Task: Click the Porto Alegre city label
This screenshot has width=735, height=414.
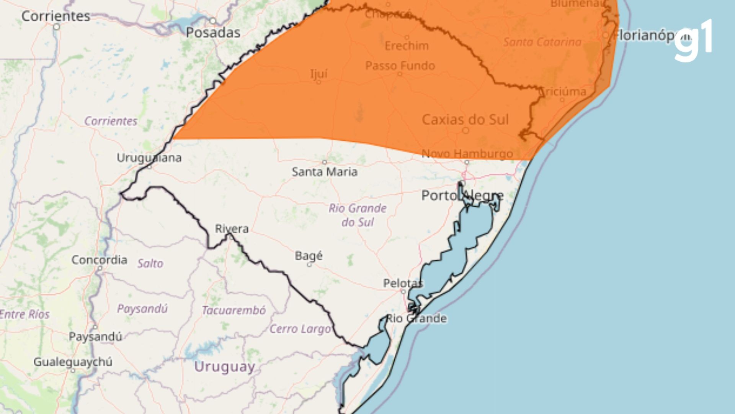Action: [462, 196]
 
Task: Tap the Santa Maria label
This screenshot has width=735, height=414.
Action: [325, 172]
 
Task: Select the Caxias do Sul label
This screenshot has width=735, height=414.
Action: [465, 120]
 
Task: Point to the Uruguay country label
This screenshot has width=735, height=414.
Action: [224, 367]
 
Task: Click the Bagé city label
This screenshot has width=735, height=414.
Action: [309, 256]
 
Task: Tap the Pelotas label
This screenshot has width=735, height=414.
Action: [403, 283]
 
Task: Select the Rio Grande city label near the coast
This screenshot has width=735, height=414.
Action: [416, 319]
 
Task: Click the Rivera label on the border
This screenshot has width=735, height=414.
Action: [232, 229]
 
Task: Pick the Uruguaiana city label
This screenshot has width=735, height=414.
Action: [149, 158]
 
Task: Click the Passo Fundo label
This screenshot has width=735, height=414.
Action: [400, 66]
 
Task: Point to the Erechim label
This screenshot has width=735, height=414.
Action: [407, 46]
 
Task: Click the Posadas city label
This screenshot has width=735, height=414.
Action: [213, 33]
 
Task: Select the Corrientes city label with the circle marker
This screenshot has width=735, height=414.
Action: [56, 16]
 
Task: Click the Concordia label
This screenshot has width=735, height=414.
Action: [99, 260]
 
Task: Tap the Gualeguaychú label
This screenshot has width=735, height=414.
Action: [73, 362]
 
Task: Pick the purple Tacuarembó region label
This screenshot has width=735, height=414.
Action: [234, 310]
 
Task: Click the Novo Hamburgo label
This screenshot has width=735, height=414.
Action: [467, 154]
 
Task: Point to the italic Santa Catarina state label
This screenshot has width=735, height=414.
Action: [542, 42]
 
